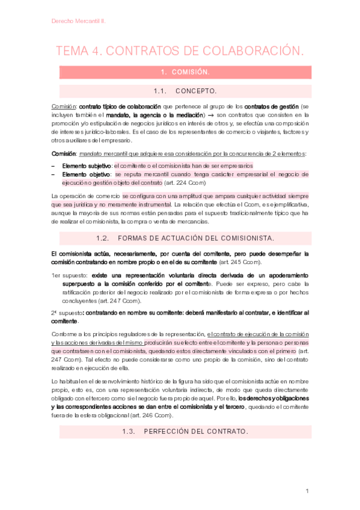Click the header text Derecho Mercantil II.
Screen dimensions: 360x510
[x=79, y=20]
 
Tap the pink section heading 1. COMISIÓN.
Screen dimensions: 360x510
[x=185, y=72]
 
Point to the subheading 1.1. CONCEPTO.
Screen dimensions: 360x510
[x=185, y=91]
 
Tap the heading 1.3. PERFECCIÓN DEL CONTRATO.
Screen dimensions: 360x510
[x=185, y=432]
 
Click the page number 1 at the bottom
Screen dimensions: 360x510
[x=307, y=491]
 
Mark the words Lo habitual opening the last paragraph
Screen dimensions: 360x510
[x=66, y=381]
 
